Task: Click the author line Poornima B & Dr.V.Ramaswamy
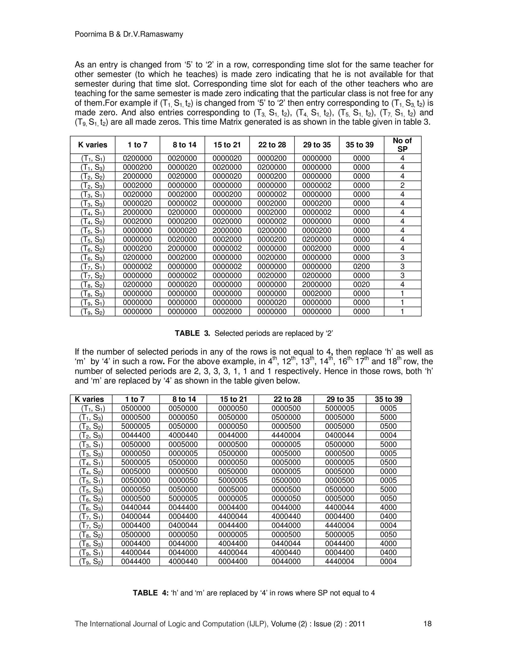click(129, 34)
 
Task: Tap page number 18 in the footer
click(427, 624)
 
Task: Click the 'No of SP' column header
click(402, 145)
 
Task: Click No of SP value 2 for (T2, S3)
click(402, 185)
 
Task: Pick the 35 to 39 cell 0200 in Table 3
click(361, 266)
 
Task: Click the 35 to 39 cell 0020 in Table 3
click(361, 284)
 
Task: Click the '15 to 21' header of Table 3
click(227, 145)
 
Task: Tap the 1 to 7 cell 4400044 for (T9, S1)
click(136, 552)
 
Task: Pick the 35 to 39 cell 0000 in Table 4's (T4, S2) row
click(388, 471)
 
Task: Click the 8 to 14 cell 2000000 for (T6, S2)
click(182, 248)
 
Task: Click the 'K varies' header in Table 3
click(93, 145)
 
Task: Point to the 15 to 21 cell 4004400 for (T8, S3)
click(233, 543)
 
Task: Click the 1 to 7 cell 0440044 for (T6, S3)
click(136, 507)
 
